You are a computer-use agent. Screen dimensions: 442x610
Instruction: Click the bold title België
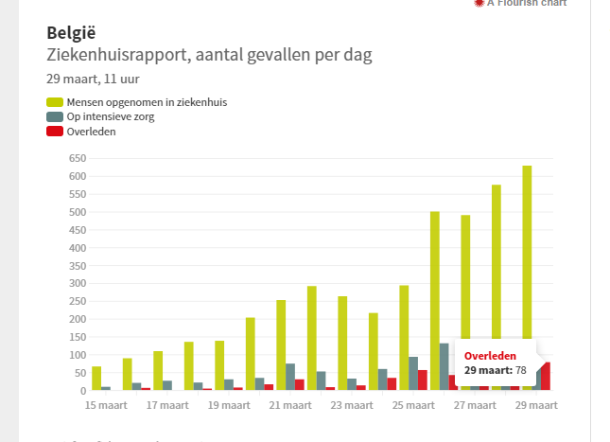pos(71,33)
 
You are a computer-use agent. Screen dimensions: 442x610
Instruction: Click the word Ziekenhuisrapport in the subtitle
pos(115,55)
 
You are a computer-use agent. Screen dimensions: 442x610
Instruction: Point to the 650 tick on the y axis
pos(77,158)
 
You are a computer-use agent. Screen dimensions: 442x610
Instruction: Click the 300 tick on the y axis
pos(77,283)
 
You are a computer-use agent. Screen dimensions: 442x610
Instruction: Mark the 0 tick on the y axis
pos(83,390)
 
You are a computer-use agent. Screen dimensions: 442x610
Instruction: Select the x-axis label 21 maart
pos(289,405)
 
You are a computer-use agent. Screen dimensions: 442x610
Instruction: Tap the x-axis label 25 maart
pos(412,405)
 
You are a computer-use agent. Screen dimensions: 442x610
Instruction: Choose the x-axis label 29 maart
pos(535,405)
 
